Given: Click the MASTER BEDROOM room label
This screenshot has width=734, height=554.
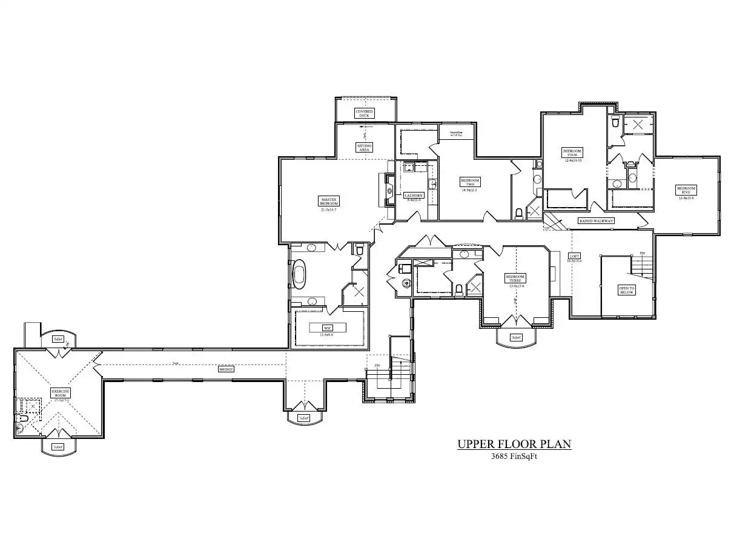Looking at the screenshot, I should [329, 201].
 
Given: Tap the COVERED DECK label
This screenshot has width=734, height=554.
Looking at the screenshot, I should [365, 113].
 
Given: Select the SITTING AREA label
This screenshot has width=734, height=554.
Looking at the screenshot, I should [365, 147].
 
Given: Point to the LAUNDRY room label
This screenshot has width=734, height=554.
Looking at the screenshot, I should [414, 196].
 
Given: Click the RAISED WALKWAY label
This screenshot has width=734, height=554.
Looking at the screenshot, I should [597, 221].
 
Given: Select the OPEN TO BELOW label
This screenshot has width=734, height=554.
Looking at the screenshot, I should [626, 290].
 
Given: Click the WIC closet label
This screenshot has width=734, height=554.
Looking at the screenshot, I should [328, 328].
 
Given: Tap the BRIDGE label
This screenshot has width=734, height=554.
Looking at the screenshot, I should [226, 369].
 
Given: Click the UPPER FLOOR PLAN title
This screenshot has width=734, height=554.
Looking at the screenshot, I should [514, 444].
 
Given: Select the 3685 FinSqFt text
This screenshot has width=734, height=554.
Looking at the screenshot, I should [514, 457].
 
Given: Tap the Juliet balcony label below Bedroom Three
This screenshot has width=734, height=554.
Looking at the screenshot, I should [516, 337].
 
